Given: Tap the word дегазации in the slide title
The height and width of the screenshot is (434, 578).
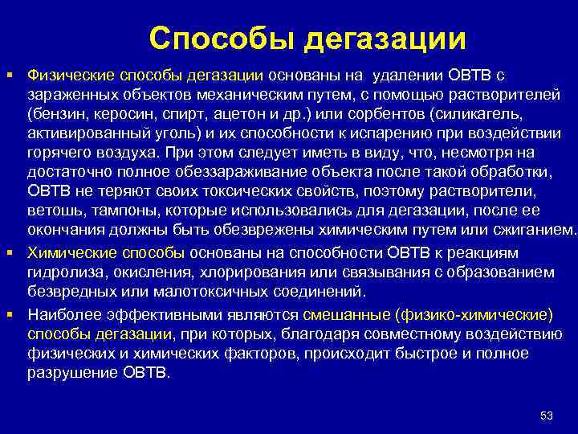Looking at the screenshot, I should (385, 38).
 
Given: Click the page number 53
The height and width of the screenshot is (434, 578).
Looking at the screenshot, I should (547, 415).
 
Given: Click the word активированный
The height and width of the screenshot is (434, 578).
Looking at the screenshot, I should (83, 133).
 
